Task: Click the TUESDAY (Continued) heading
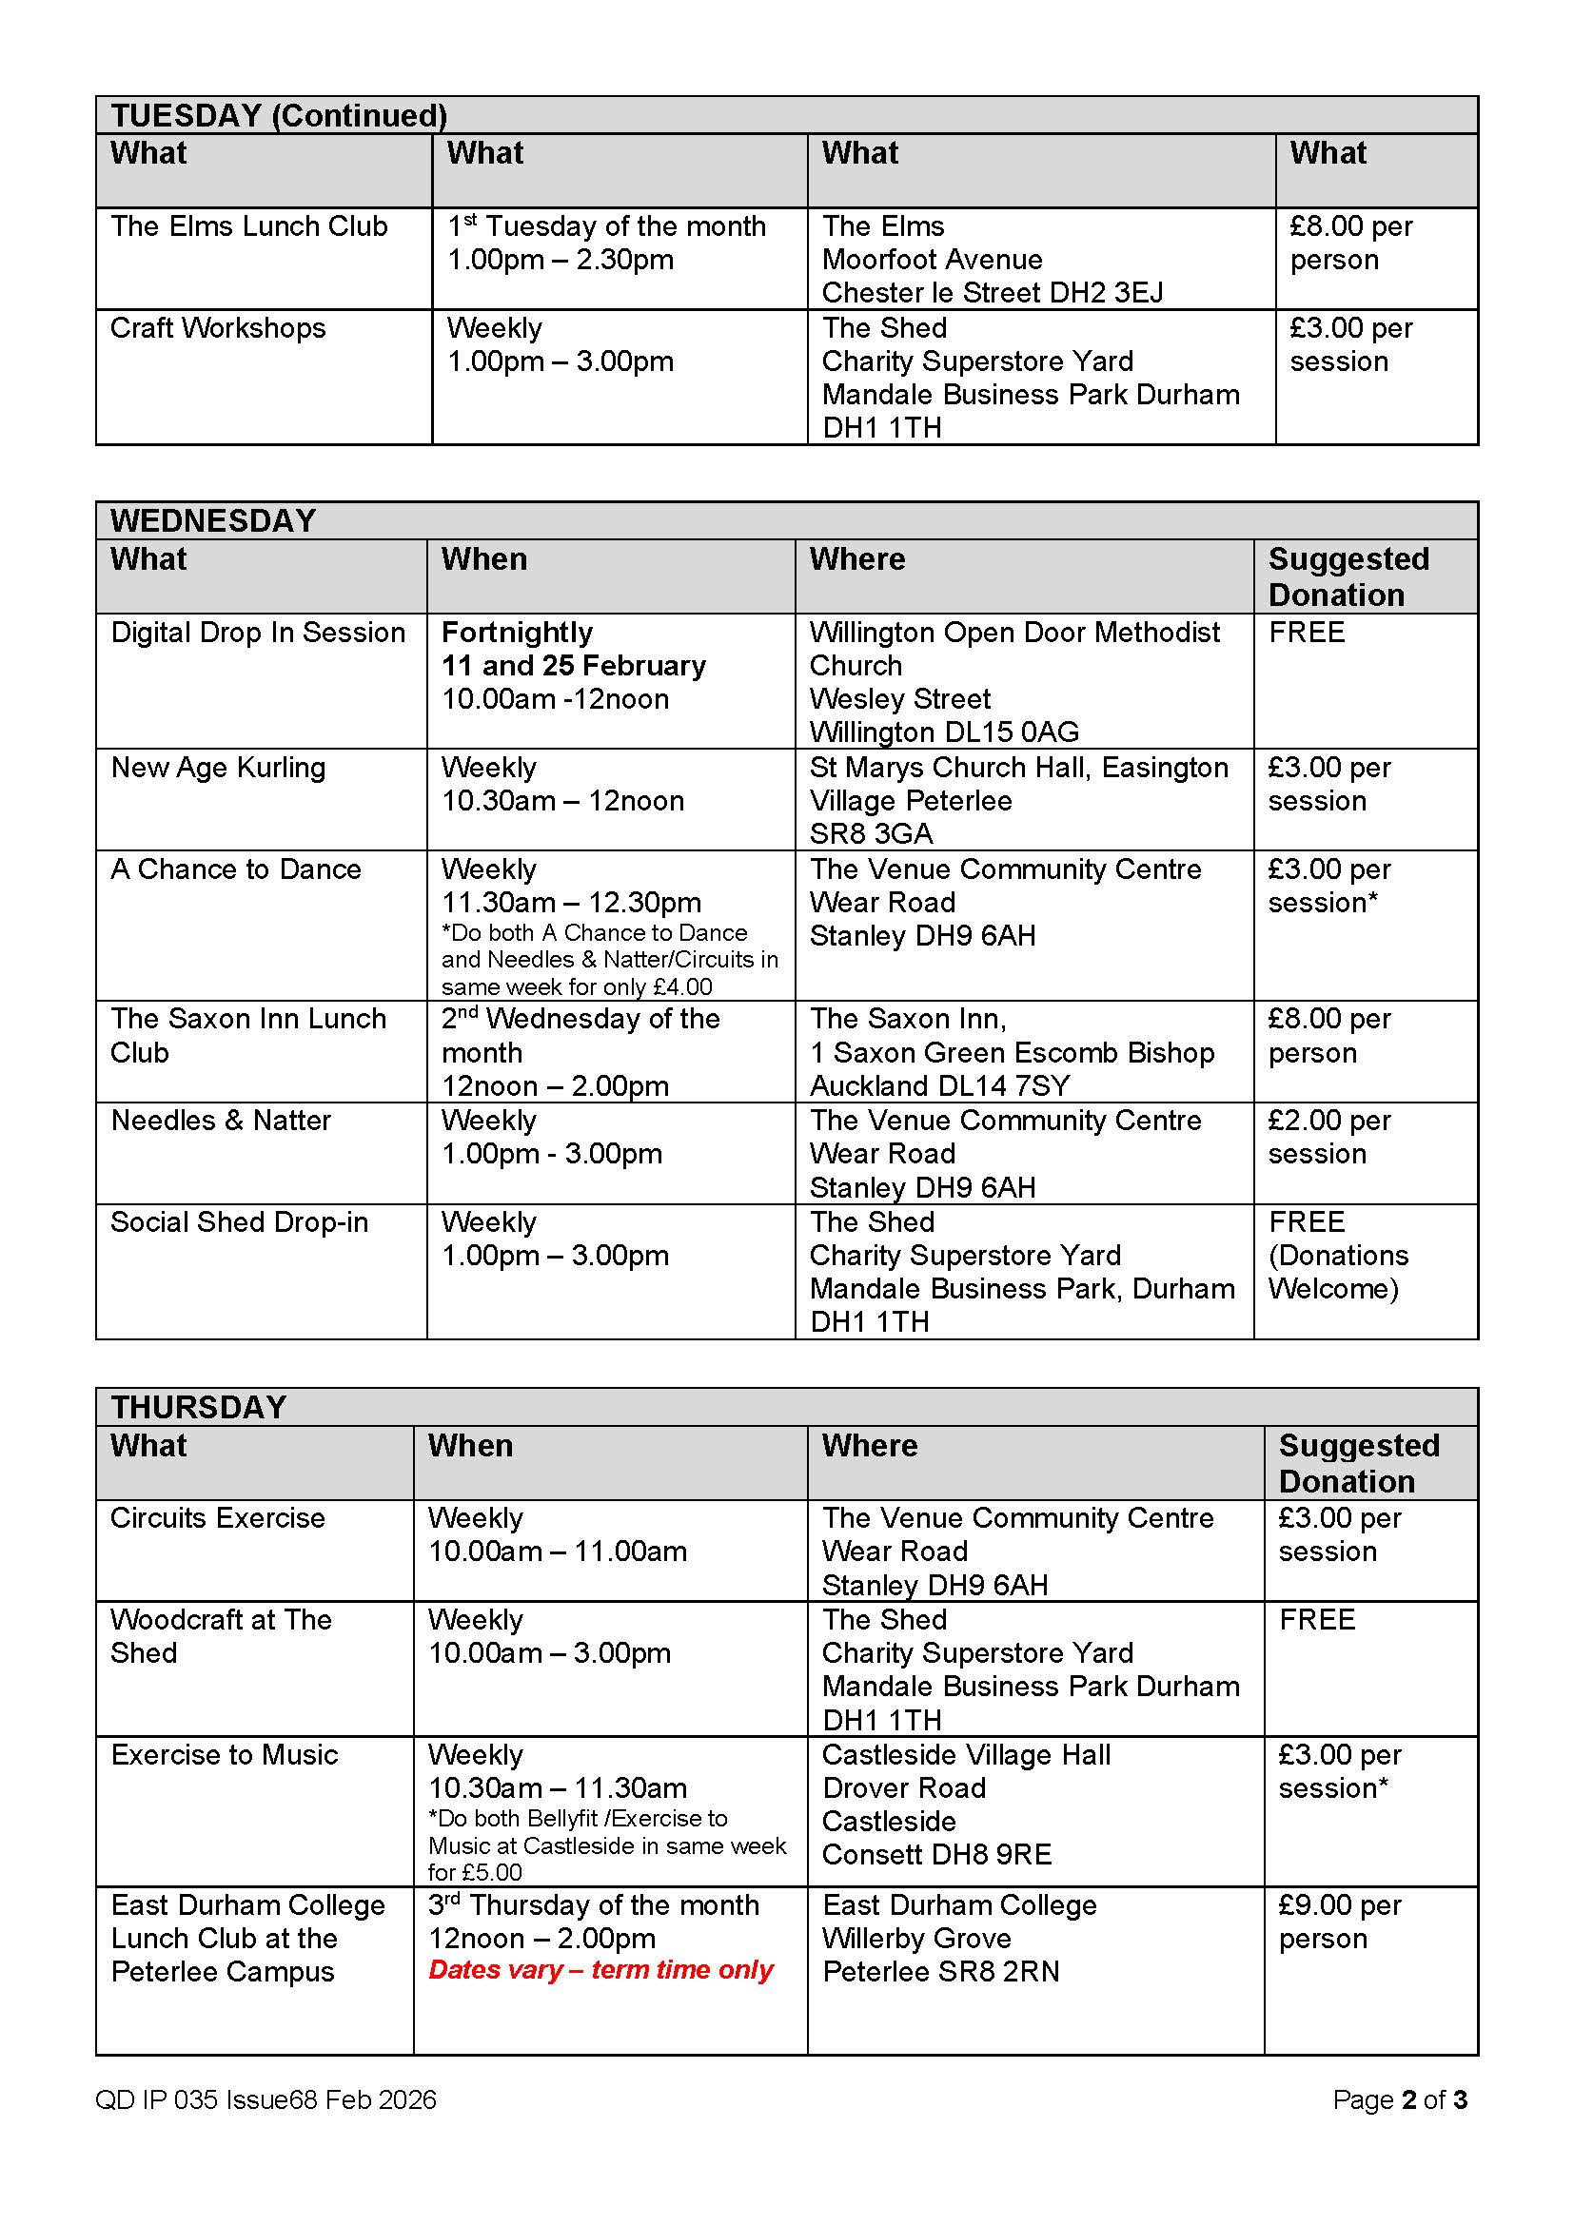tap(278, 115)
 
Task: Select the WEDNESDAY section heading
tap(213, 520)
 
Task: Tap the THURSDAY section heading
tap(199, 1407)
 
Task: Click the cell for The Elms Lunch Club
tap(249, 226)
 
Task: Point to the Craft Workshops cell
tap(218, 328)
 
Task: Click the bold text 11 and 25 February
tap(574, 666)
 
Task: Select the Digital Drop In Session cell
tap(258, 633)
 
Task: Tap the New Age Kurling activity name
tap(218, 768)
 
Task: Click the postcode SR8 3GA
tap(872, 833)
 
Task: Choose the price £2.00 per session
tap(1328, 1137)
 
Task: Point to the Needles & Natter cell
tap(221, 1121)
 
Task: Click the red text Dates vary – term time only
tap(600, 1970)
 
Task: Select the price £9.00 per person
tap(1340, 1922)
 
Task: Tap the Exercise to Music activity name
tap(225, 1755)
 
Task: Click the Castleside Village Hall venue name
tap(966, 1755)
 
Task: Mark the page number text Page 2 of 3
tap(1400, 2100)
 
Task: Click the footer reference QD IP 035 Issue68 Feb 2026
tap(266, 2100)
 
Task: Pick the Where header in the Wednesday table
tap(857, 559)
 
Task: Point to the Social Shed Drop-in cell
tap(240, 1222)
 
